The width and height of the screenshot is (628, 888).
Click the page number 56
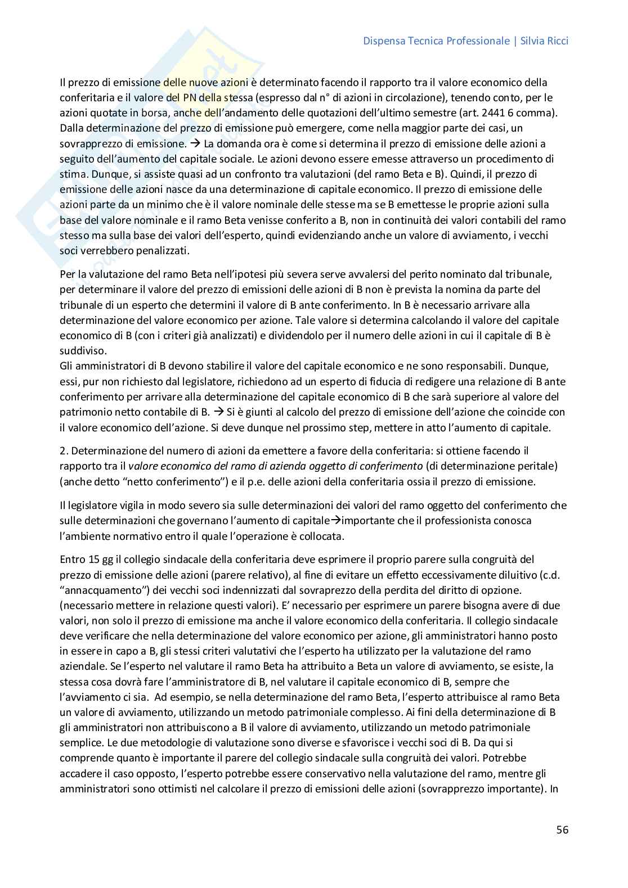pyautogui.click(x=562, y=830)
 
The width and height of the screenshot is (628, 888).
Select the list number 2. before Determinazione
pyautogui.click(x=64, y=451)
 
